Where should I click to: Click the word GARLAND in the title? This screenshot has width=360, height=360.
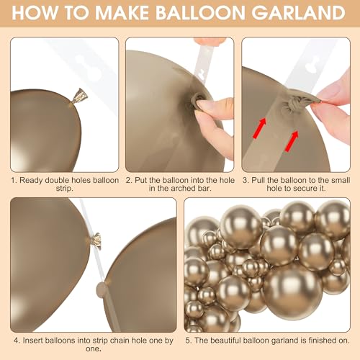[298, 13]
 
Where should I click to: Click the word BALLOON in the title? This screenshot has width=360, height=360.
[200, 13]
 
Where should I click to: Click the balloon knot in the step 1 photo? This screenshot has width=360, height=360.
[79, 96]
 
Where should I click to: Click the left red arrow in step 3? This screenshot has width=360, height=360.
[260, 127]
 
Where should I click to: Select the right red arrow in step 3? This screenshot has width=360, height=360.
[292, 141]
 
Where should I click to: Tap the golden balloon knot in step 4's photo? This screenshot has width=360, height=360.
[96, 240]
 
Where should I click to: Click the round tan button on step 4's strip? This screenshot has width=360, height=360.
[101, 289]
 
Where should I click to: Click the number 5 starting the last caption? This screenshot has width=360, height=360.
[188, 341]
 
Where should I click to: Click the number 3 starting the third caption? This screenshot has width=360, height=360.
[245, 180]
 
